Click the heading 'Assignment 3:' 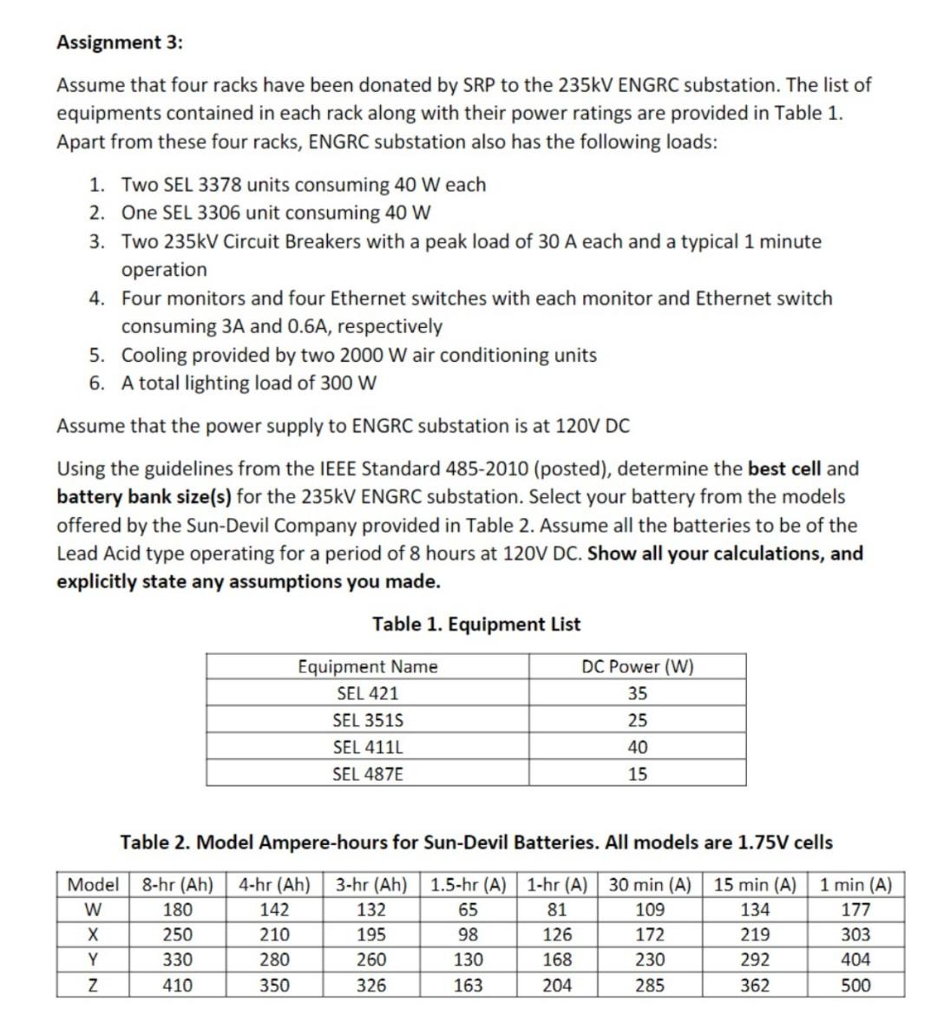[120, 42]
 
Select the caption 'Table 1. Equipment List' [476, 624]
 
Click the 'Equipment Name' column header [368, 666]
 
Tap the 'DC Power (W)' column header [637, 666]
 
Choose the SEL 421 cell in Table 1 [368, 693]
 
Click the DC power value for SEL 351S [637, 720]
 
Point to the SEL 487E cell [368, 774]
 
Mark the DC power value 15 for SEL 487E [637, 774]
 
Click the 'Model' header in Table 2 [94, 885]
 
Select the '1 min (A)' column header [855, 885]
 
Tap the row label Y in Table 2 [94, 960]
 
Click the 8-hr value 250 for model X [178, 935]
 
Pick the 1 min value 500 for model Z [855, 986]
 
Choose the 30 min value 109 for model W [650, 910]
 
